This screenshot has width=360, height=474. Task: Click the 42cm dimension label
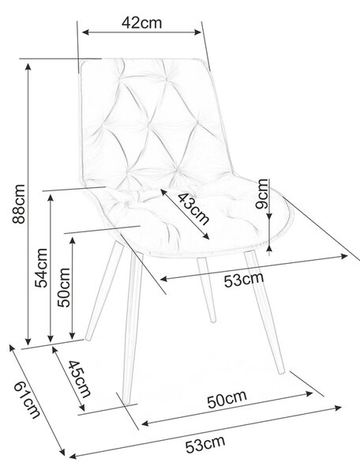[x=141, y=23]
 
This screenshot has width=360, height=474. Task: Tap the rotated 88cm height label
[x=19, y=204]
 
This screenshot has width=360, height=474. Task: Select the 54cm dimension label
[x=41, y=268]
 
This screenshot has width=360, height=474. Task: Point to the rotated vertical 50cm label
[x=64, y=288]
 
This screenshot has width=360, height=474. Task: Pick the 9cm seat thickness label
[x=261, y=194]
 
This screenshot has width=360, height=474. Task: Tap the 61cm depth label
[x=27, y=400]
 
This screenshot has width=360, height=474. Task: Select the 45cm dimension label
[x=79, y=378]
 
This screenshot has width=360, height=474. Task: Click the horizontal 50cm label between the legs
[x=227, y=399]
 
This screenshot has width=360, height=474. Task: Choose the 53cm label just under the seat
[x=244, y=280]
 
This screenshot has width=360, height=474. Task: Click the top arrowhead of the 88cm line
[x=28, y=67]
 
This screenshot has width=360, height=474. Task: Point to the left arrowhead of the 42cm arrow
[x=85, y=32]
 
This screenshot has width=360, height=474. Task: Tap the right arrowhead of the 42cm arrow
[x=198, y=32]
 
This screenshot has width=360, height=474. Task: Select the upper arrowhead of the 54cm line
[x=51, y=198]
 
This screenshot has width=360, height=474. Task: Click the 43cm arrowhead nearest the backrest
[x=163, y=192]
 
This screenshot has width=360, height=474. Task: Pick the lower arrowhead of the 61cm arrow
[x=62, y=453]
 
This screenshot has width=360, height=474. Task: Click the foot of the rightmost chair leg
[x=282, y=371]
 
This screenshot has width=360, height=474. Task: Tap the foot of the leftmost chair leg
[x=88, y=337]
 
